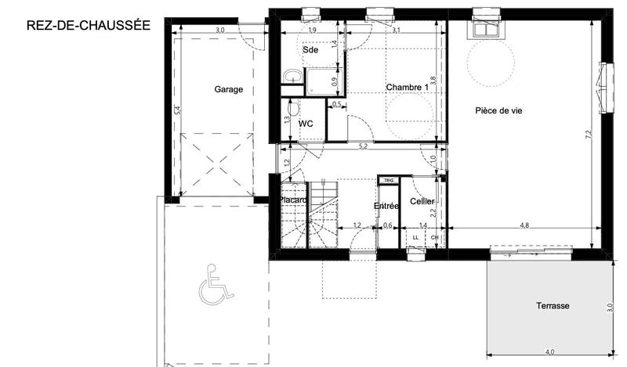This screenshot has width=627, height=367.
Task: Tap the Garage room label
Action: point(228,89)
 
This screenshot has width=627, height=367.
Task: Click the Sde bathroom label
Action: point(311,49)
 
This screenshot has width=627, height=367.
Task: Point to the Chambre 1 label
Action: point(407,87)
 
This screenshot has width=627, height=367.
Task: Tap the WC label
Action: point(306,124)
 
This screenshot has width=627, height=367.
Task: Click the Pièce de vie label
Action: point(498,111)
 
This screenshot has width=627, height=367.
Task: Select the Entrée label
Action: point(386,206)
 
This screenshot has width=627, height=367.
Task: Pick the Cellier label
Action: point(422,202)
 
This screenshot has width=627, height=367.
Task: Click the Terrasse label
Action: point(553,306)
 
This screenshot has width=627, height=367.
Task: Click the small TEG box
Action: point(388,181)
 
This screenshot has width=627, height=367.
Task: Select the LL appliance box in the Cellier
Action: point(415,237)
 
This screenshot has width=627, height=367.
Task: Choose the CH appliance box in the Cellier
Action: point(434,237)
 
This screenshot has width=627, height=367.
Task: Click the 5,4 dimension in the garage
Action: point(178,111)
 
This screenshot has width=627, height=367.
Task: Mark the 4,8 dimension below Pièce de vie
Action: point(524,225)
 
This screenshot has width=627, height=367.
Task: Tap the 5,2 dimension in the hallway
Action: point(362,146)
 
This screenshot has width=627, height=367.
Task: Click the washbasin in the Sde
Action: point(291,76)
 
